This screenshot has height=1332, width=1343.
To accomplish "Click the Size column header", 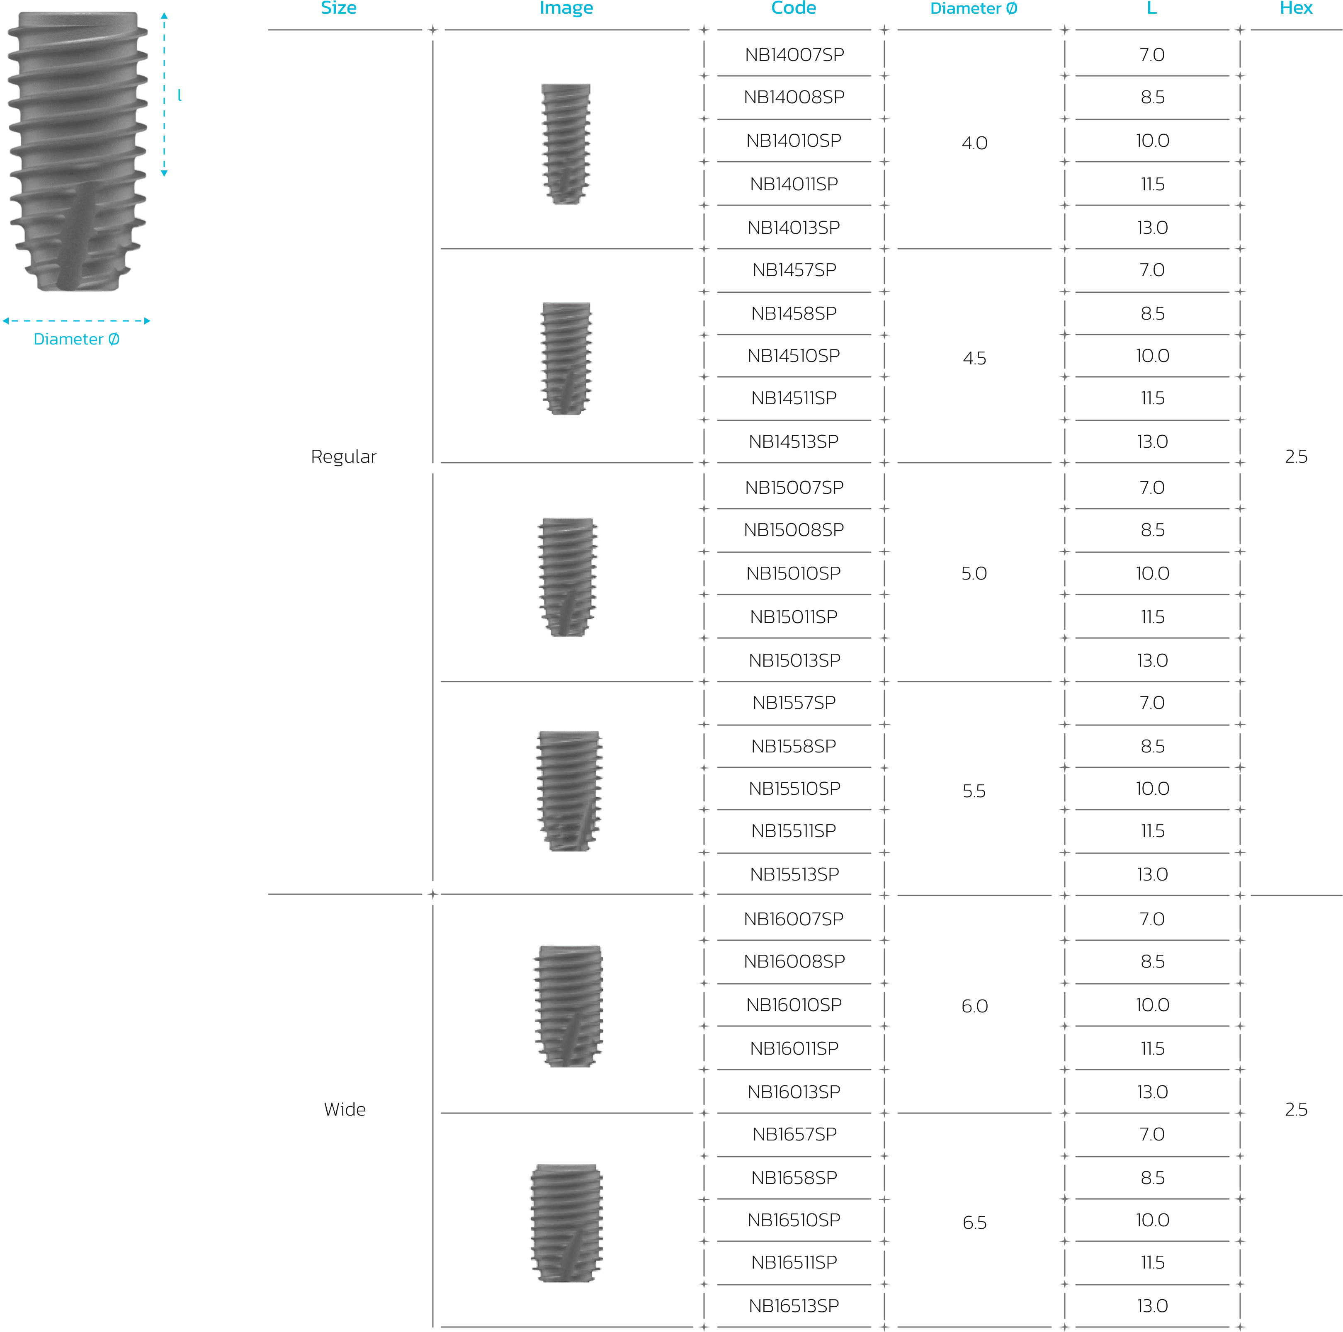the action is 338,8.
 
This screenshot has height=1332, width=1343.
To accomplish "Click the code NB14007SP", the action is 794,55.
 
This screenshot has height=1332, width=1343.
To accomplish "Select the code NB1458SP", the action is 794,313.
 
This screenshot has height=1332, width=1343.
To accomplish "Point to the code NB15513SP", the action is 794,875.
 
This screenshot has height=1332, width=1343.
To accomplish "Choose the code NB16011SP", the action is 794,1048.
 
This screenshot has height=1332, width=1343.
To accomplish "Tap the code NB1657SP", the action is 794,1135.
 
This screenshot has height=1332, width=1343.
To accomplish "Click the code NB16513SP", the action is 794,1306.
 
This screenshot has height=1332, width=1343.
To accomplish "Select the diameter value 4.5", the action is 974,359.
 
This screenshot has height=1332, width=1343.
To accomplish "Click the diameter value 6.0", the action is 974,1007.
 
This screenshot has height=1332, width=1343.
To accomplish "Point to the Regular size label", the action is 343,457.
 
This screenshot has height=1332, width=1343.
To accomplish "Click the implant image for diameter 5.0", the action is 567,577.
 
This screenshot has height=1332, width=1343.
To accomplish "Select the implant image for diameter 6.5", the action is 566,1223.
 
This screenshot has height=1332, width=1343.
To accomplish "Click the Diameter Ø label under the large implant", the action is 76,339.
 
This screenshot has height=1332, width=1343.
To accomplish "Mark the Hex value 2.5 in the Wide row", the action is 1296,1109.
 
